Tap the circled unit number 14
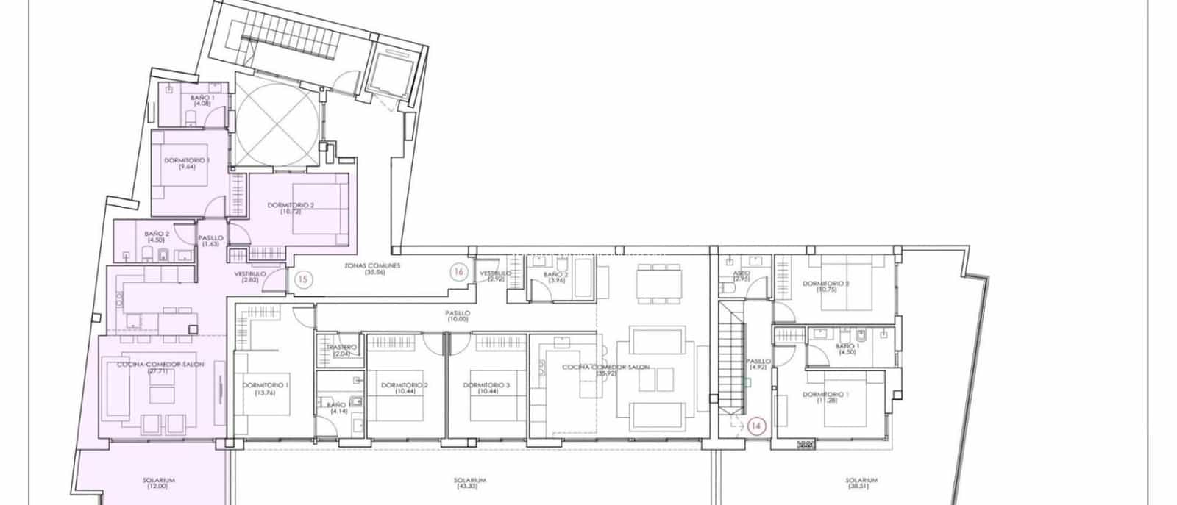(x=756, y=425)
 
